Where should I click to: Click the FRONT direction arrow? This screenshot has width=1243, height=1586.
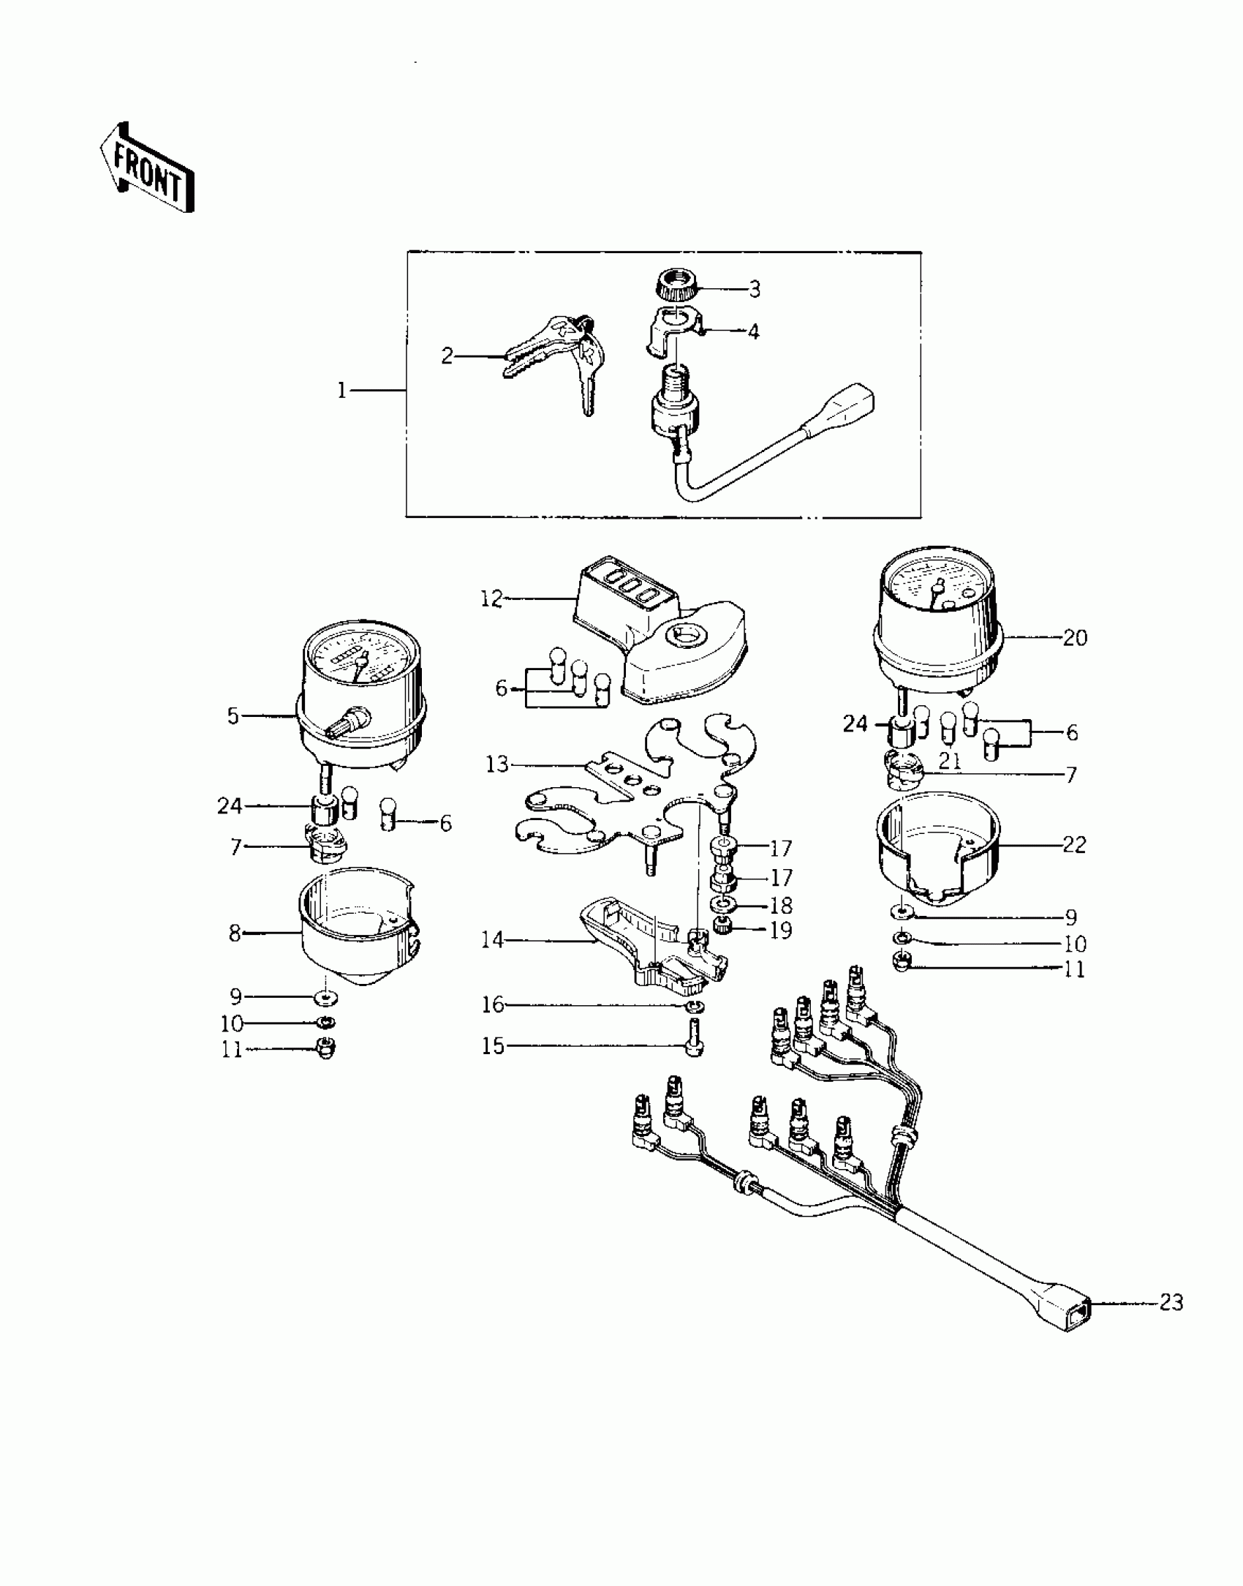(x=147, y=168)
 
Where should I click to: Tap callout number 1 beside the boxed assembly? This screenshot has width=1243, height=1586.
(x=341, y=391)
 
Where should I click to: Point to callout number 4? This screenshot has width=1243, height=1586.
(x=753, y=331)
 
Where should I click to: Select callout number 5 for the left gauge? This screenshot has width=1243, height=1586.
(x=233, y=715)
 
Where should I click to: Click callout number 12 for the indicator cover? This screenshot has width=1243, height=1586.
(x=491, y=599)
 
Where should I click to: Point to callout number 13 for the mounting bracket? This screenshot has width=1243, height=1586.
(x=497, y=765)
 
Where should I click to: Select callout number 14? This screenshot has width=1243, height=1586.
(x=493, y=939)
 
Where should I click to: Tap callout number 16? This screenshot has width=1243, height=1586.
(x=493, y=1004)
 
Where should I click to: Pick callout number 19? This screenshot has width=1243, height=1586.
(x=781, y=931)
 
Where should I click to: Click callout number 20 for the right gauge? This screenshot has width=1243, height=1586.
(x=1075, y=638)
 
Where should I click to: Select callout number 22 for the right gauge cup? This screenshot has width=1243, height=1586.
(x=1075, y=845)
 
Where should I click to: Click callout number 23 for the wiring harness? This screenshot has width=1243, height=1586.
(x=1171, y=1302)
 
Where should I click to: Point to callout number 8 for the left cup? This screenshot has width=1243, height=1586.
(x=235, y=933)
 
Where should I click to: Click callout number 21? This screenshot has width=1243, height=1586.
(x=949, y=761)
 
